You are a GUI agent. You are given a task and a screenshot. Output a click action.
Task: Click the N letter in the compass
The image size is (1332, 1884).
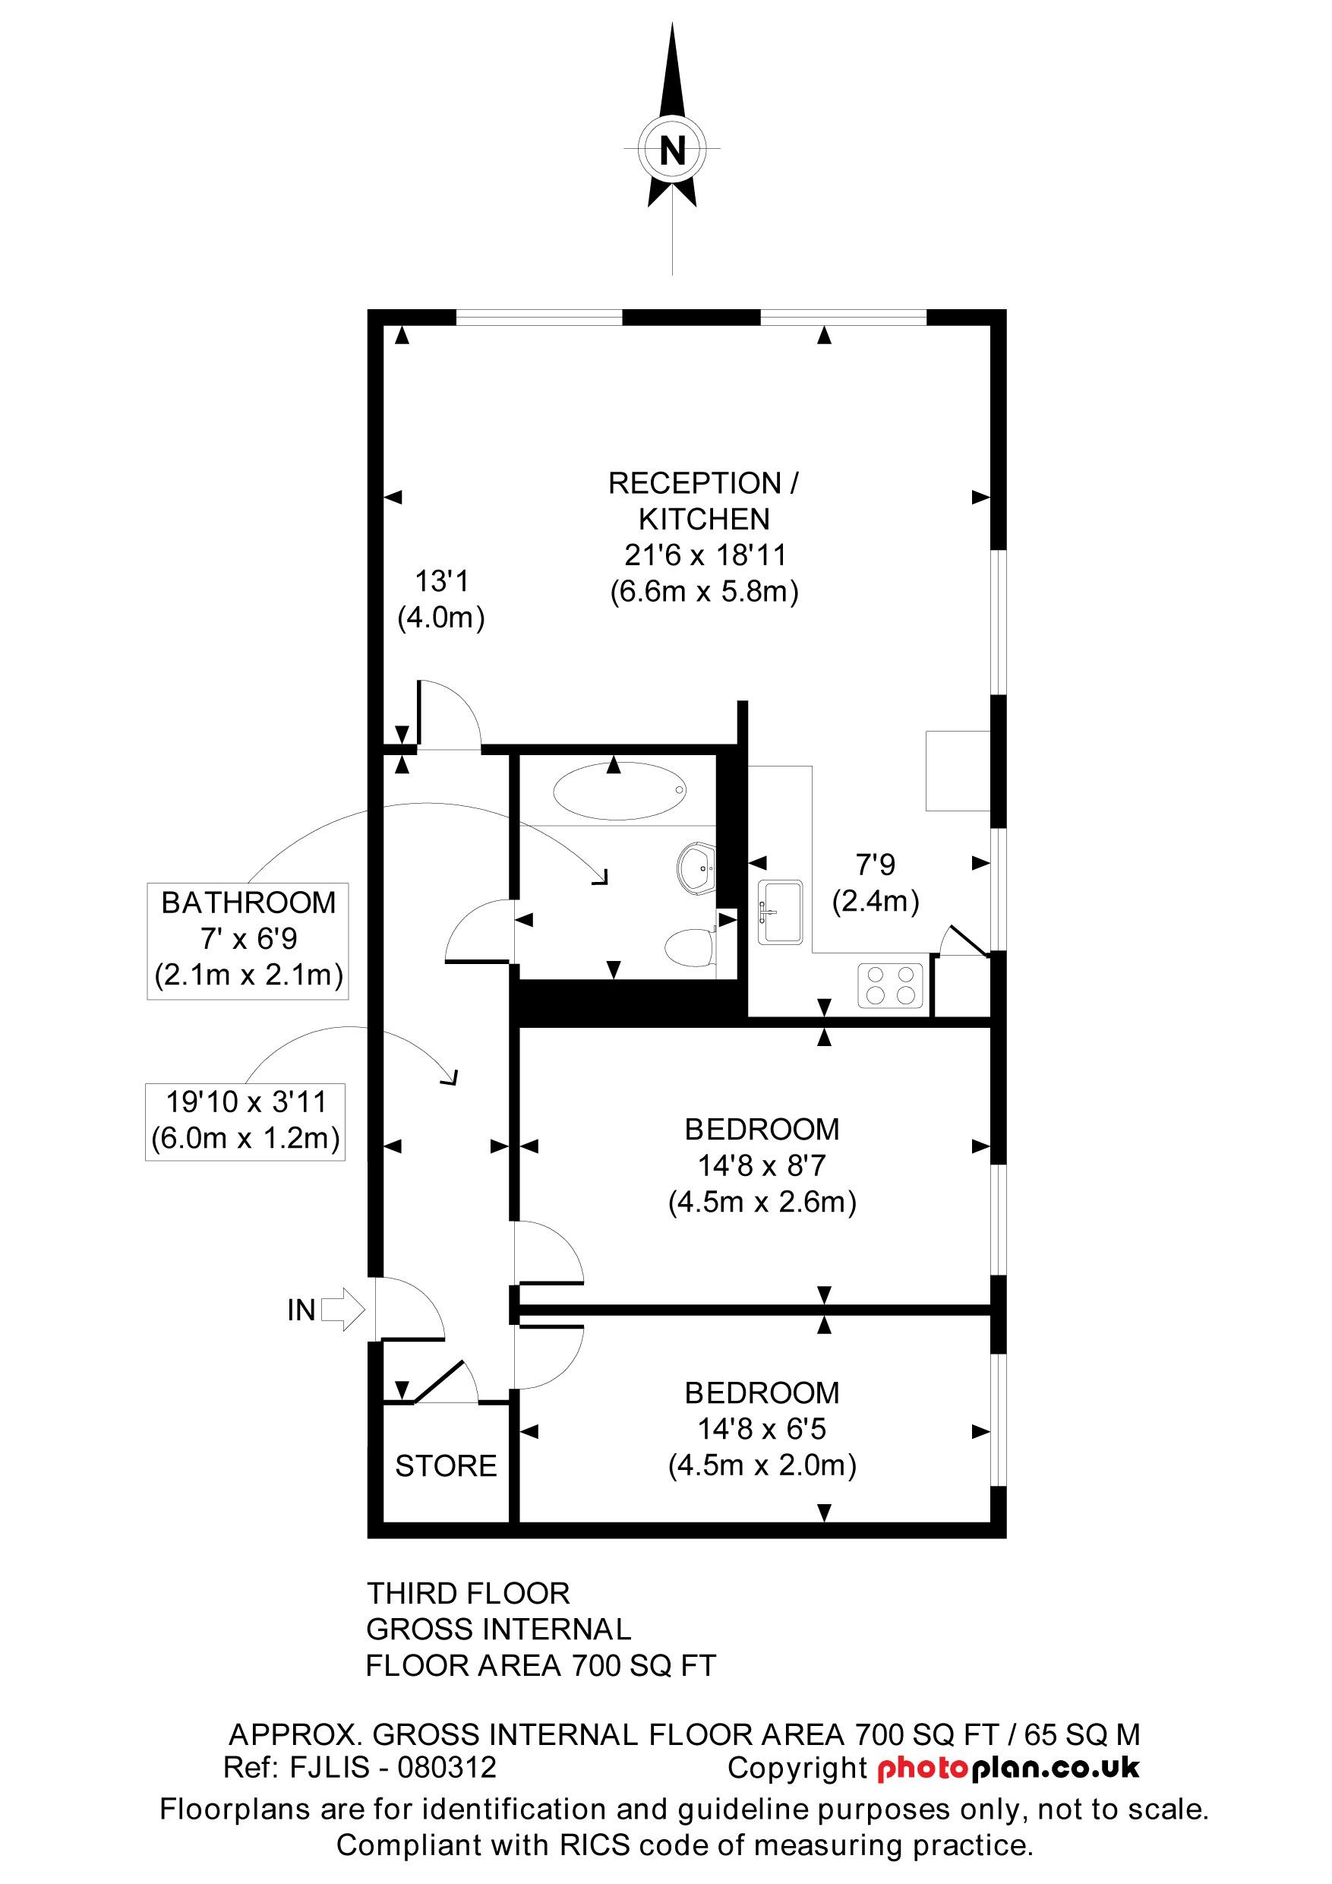673,150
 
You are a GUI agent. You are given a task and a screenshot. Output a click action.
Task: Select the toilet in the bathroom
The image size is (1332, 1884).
688,949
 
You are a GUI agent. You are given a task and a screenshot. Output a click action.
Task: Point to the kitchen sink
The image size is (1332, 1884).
780,912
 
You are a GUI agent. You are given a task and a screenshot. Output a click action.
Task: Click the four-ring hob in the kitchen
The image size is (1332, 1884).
891,985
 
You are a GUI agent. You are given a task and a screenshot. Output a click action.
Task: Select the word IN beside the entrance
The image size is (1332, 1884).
301,1310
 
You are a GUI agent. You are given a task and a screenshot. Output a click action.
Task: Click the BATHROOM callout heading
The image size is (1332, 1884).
248,902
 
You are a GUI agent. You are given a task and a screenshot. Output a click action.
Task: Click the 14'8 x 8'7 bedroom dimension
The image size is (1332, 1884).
762,1165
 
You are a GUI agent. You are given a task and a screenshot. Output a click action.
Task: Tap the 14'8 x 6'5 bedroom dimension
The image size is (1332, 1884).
762,1429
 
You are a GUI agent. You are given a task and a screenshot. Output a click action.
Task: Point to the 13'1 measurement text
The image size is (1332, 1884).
441,582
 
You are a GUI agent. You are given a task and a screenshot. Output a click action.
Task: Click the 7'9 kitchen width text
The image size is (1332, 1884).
875,864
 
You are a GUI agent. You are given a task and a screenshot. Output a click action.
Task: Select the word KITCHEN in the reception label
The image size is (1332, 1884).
704,520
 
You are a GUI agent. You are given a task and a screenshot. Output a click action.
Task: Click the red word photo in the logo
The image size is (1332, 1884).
923,1768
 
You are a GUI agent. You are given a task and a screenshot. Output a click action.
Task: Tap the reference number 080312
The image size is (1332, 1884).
447,1767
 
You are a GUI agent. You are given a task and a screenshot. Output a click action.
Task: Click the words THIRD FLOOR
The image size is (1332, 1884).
468,1594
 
